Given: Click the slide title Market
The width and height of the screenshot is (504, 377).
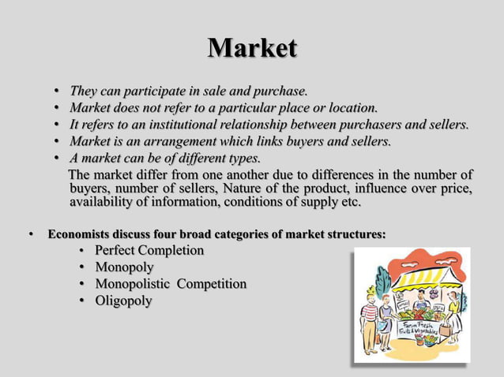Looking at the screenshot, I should [x=252, y=48].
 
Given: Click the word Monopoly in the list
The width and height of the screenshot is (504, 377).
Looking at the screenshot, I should [x=124, y=267].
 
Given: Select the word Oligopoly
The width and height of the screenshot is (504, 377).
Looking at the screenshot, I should [x=124, y=300].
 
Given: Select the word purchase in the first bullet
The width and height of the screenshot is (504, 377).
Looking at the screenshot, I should [x=277, y=90].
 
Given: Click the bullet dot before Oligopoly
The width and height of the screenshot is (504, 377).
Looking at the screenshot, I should [x=83, y=301].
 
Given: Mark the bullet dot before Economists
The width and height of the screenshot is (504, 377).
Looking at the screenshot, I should [x=32, y=234].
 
